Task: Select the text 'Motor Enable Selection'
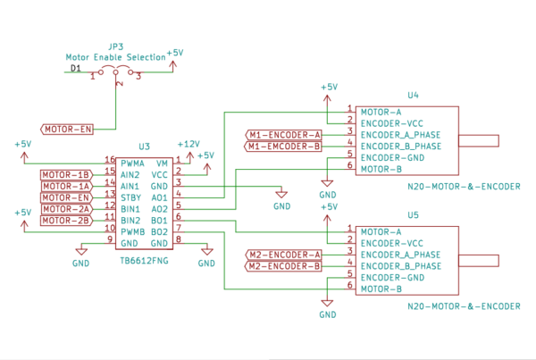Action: coord(115,56)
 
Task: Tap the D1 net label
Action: coord(76,68)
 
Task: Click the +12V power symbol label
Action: coord(188,144)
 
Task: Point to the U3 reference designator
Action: coord(144,147)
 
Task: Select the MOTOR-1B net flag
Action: coord(66,174)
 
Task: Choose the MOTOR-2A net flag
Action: coord(66,209)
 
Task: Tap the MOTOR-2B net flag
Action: coord(66,221)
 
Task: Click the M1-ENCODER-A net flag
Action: coord(283,135)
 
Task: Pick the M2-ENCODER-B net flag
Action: coord(283,266)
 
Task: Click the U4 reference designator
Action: coord(413,94)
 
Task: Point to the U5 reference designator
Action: coord(413,215)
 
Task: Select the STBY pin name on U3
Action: coord(131,197)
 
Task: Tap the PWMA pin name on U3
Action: coord(133,163)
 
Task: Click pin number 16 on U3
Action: coord(110,159)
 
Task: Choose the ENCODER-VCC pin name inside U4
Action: coord(390,123)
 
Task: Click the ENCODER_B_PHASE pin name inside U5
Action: coord(400,266)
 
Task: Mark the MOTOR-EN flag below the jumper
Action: coord(68,130)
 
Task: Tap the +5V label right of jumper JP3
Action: coord(175,54)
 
